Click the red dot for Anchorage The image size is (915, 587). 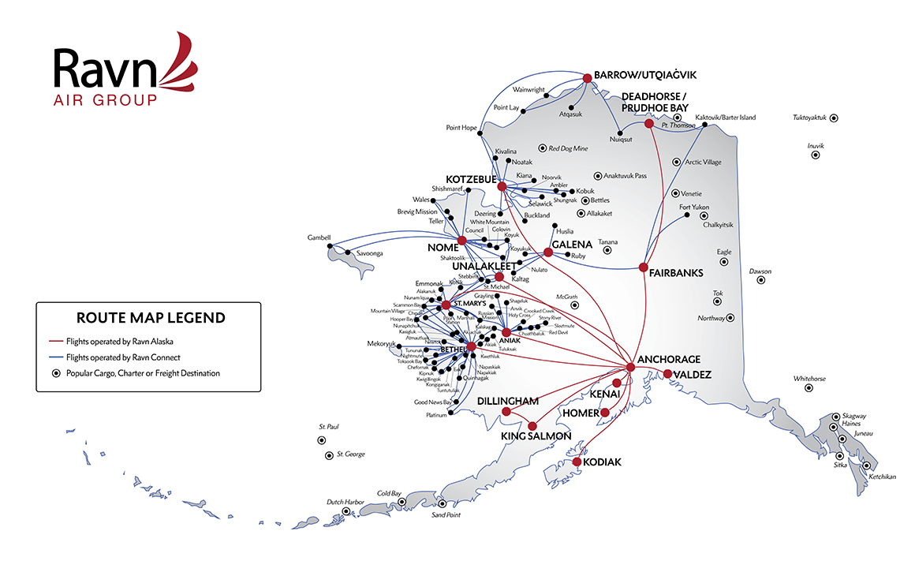coord(630,368)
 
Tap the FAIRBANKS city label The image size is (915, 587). coord(676,274)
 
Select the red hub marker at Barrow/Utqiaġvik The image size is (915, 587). coord(587,77)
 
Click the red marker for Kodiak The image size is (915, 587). coord(577,462)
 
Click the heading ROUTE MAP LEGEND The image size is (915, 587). coord(150,318)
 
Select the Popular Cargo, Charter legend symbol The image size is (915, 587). coord(55,373)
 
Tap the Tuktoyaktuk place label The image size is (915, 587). coord(809,118)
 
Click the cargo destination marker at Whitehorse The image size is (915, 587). coord(809,388)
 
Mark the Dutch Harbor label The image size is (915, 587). coord(346,503)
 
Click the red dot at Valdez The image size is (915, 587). coord(667,374)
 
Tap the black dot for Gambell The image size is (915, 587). coord(328,248)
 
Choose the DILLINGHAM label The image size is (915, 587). coord(507,401)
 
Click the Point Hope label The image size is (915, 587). coord(462,127)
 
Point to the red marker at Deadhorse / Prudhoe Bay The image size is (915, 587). coord(649,124)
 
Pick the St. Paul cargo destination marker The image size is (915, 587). coord(321,440)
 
